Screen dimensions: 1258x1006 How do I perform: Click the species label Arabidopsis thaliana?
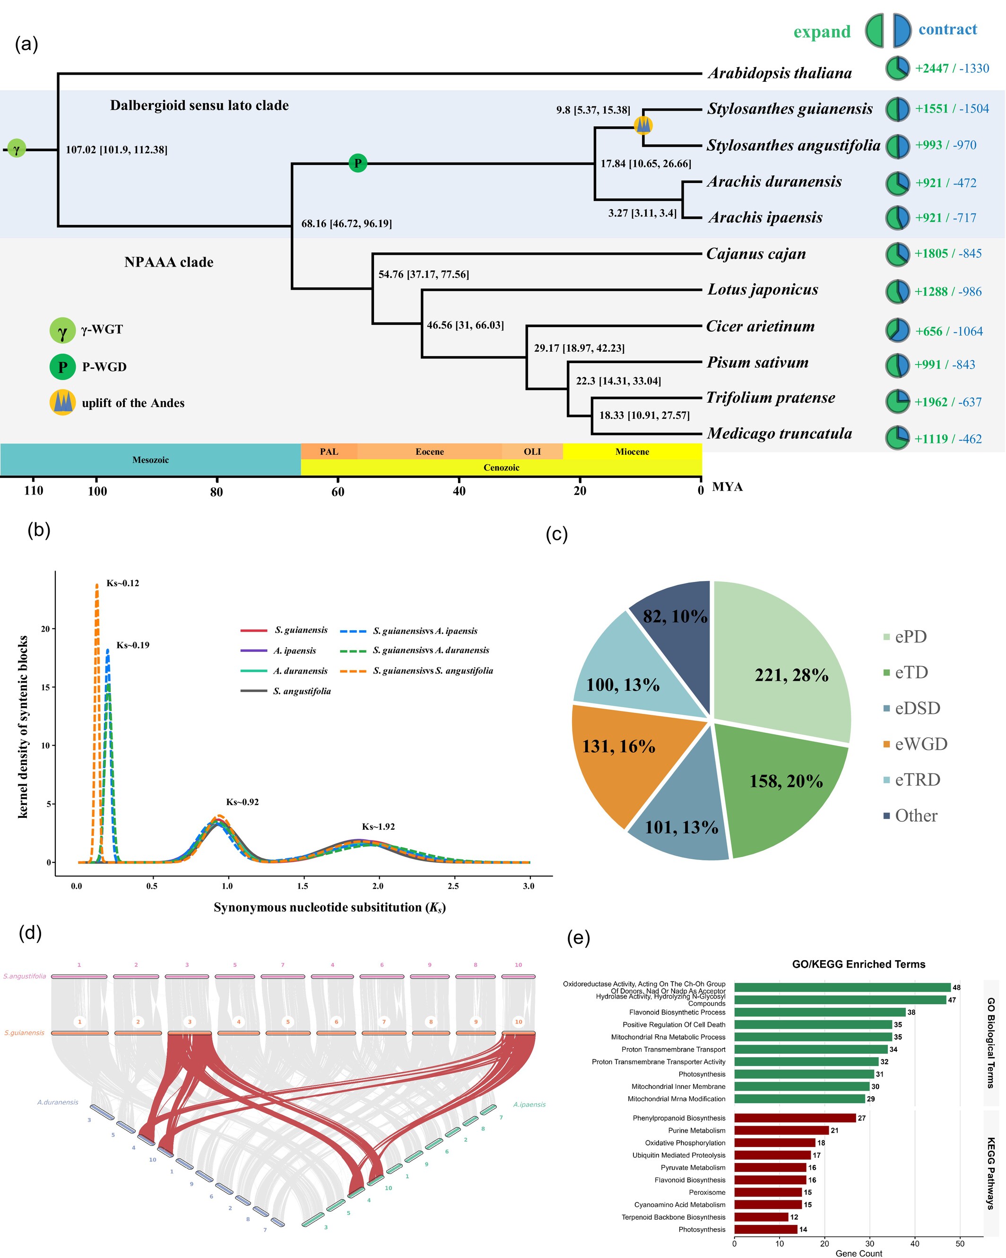pyautogui.click(x=779, y=73)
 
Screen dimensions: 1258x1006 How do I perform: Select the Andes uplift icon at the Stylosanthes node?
pyautogui.click(x=643, y=125)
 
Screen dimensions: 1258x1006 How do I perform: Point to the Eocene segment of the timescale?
pyautogui.click(x=429, y=451)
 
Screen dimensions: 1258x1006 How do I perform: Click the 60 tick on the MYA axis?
pyautogui.click(x=338, y=491)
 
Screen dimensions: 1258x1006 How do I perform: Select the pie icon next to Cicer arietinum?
pyautogui.click(x=897, y=330)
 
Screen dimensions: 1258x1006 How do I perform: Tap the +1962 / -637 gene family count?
pyautogui.click(x=948, y=402)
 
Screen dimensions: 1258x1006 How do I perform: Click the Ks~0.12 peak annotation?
pyautogui.click(x=122, y=583)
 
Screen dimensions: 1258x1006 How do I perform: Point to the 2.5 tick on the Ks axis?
pyautogui.click(x=453, y=886)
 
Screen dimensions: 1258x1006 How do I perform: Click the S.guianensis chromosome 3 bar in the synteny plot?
pyautogui.click(x=189, y=1033)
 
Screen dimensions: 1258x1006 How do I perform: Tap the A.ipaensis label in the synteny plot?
pyautogui.click(x=529, y=1104)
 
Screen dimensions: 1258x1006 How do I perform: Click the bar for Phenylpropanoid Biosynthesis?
pyautogui.click(x=795, y=1118)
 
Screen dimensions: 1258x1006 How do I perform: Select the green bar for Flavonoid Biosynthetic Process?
pyautogui.click(x=819, y=1012)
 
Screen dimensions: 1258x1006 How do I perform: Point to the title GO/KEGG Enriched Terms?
pyautogui.click(x=859, y=964)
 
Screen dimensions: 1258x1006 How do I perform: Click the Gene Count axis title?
pyautogui.click(x=859, y=1253)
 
